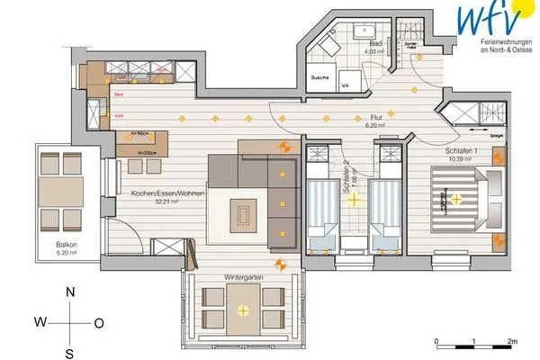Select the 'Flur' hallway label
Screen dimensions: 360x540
376,117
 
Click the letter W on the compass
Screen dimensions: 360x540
40,321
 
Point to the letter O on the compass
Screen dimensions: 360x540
99,321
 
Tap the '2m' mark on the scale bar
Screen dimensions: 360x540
510,341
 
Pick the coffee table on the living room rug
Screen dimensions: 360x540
241,214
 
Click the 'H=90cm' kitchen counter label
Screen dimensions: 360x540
139,134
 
